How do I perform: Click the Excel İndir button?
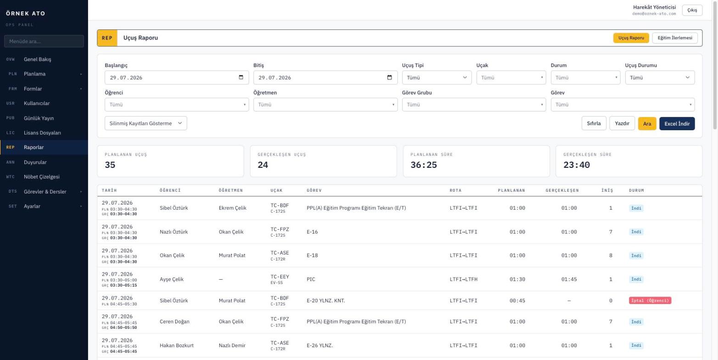click(677, 124)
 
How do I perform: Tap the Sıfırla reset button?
click(594, 123)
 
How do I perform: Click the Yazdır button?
click(622, 123)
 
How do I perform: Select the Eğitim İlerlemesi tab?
click(675, 38)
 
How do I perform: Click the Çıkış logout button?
click(692, 10)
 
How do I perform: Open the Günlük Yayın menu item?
click(39, 118)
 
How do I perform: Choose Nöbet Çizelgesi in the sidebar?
click(42, 177)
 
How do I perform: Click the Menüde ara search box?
click(44, 41)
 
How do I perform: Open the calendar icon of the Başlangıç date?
click(241, 77)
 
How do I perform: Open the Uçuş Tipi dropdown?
click(437, 78)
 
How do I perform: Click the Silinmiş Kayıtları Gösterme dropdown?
click(145, 123)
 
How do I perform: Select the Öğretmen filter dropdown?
click(325, 105)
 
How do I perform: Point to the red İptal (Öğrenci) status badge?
click(650, 300)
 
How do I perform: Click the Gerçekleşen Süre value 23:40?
click(576, 165)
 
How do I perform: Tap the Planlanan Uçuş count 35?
click(110, 165)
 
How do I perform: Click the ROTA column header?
click(456, 190)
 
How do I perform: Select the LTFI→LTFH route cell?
click(463, 279)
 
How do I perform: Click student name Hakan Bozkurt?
click(177, 345)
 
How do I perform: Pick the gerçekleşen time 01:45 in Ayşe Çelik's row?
click(569, 279)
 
